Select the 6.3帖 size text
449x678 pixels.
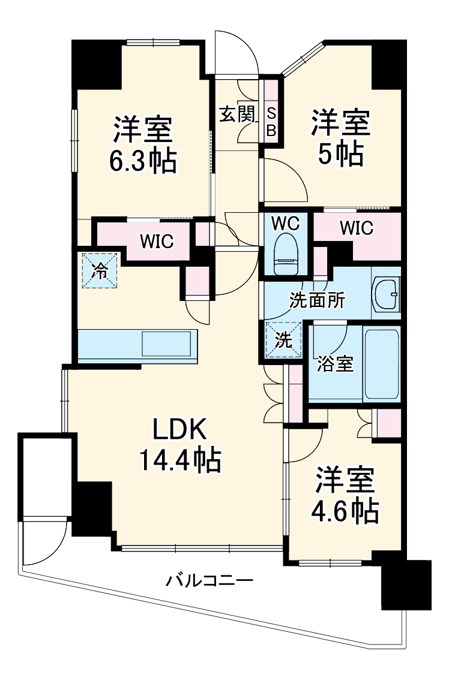tap(143, 161)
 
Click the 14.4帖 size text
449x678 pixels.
tap(180, 460)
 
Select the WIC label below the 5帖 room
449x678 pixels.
tap(356, 228)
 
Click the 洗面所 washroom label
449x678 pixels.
tap(317, 300)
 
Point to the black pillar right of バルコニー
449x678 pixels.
tap(406, 584)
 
